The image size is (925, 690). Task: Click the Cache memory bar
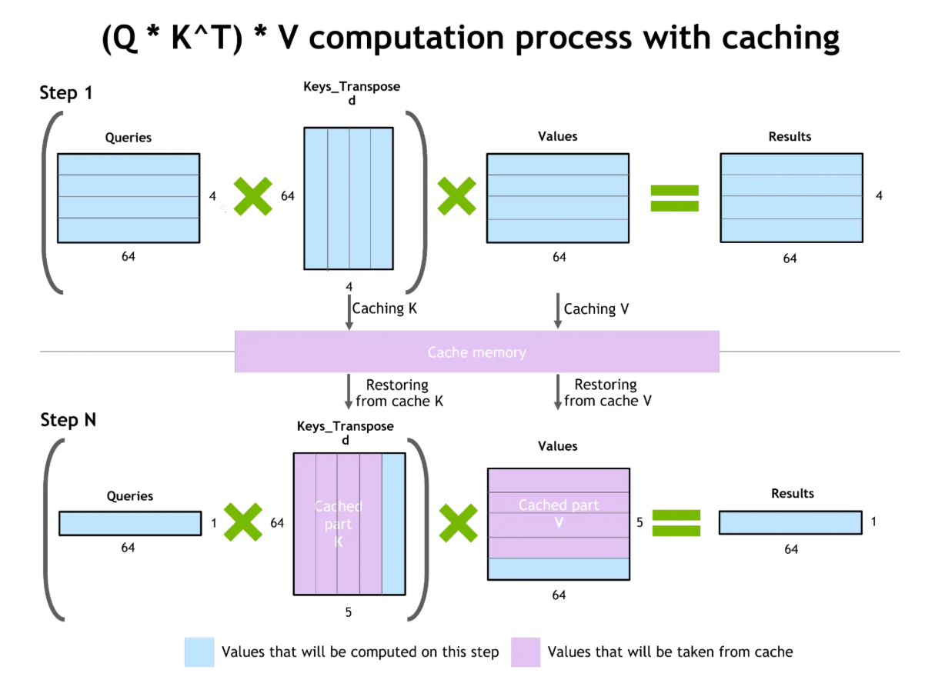coord(476,352)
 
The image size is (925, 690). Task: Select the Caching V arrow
coord(557,311)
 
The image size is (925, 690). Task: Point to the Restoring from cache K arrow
coord(349,392)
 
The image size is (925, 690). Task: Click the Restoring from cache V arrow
coord(557,392)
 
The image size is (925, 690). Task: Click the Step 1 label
coord(65,94)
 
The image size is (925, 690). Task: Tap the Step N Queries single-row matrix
coord(130,523)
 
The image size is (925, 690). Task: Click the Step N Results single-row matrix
coord(790,522)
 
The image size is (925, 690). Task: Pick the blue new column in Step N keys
coord(393,524)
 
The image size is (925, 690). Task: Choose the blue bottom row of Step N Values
coord(559,568)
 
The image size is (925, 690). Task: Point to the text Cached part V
coord(559,513)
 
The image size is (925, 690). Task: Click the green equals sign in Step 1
coord(675,198)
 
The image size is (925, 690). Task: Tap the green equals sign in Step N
coord(676,523)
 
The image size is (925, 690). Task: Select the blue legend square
coord(199,652)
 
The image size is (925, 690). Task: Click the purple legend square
coord(526,652)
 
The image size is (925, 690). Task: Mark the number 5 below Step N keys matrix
coord(349,613)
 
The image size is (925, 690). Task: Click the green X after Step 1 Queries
coord(252,196)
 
